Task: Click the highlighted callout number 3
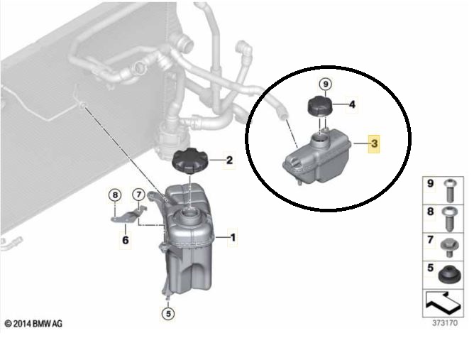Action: [x=374, y=143]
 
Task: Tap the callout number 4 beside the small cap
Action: [x=352, y=104]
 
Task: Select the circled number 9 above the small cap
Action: [x=326, y=84]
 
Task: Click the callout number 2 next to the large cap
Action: [x=229, y=160]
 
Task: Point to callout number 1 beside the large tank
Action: [x=233, y=237]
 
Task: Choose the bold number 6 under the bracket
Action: [x=125, y=240]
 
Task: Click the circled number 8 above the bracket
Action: [x=115, y=195]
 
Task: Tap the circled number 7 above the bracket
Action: [x=139, y=195]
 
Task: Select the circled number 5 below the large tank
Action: [x=168, y=314]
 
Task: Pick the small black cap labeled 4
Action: [x=320, y=105]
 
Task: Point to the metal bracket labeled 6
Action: [x=128, y=214]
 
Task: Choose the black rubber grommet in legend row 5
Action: [x=449, y=275]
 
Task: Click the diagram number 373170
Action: [x=445, y=323]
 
